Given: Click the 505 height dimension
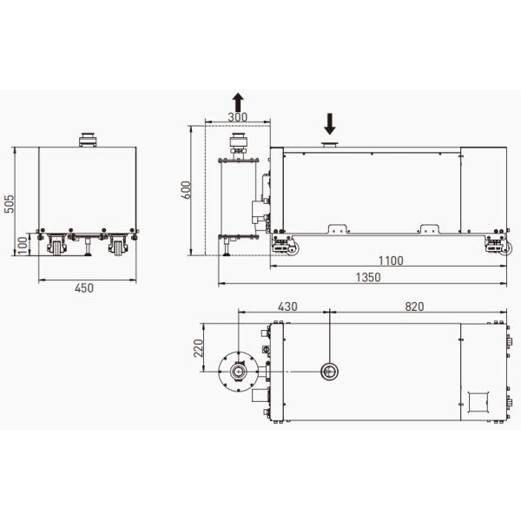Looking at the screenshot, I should tap(9, 204).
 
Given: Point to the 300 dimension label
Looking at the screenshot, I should tap(237, 117).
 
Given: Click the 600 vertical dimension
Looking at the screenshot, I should tap(184, 190).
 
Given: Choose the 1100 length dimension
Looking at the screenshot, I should tap(391, 261).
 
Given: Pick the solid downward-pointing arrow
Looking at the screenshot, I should tap(330, 123).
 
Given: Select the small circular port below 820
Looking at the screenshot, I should tap(331, 372).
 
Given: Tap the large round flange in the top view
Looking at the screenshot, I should tap(237, 372).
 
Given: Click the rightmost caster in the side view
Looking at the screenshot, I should tap(498, 246).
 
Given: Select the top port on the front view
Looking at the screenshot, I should tap(88, 139).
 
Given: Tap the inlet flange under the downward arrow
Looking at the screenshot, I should tap(330, 144).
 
